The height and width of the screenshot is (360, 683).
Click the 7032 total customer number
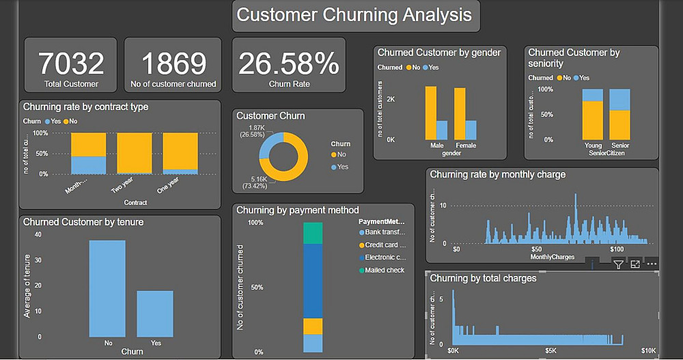pyautogui.click(x=71, y=64)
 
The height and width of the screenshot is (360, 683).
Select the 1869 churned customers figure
pyautogui.click(x=173, y=64)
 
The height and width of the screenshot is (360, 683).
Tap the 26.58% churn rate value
pyautogui.click(x=288, y=64)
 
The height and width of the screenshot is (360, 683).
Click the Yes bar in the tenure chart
pyautogui.click(x=155, y=314)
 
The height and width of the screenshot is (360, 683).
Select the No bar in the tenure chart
pyautogui.click(x=107, y=288)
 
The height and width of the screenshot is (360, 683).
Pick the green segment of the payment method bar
pyautogui.click(x=313, y=233)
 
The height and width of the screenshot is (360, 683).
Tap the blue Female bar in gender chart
pyautogui.click(x=471, y=130)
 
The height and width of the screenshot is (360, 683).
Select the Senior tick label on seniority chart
pyautogui.click(x=620, y=146)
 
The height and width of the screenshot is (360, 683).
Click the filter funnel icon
pyautogui.click(x=618, y=264)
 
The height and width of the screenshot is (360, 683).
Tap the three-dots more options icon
pyautogui.click(x=652, y=264)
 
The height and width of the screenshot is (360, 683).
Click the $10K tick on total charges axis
pyautogui.click(x=648, y=351)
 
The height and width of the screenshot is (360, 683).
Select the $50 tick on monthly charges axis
pyautogui.click(x=536, y=250)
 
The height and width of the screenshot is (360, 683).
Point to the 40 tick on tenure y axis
pyautogui.click(x=38, y=235)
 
